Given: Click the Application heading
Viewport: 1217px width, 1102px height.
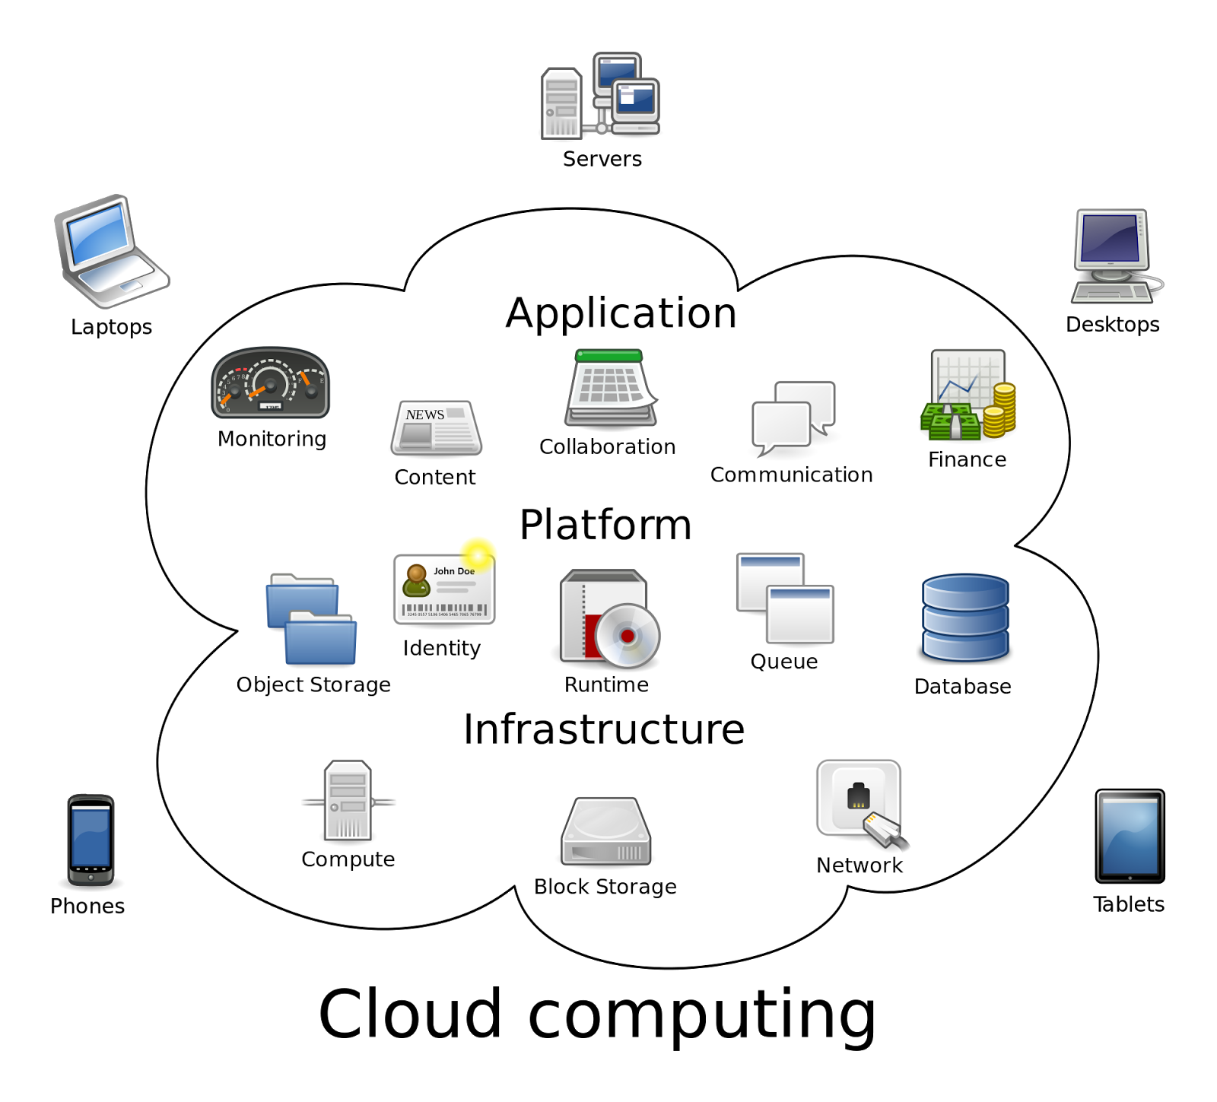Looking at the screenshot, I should pos(621,313).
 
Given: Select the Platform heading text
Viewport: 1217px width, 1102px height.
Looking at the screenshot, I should pos(605,525).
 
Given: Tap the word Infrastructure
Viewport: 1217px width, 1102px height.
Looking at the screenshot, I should pos(604,729).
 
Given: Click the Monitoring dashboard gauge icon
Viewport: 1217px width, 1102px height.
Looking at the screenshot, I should pos(270,383).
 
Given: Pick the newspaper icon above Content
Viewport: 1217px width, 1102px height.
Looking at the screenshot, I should pos(436,429).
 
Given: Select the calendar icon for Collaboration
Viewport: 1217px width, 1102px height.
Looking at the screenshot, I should pos(611,388).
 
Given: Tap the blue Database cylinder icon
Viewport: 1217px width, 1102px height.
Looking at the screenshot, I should pos(965,618).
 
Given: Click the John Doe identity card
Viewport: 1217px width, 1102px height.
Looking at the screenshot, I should pos(444,589).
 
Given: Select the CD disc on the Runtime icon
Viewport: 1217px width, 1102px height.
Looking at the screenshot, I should pos(628,635).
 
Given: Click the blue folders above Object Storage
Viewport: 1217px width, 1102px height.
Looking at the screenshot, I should pos(311,619).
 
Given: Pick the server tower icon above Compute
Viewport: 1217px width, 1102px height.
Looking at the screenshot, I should pos(348,801).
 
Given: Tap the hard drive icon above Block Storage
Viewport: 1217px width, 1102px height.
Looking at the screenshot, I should pos(606,832).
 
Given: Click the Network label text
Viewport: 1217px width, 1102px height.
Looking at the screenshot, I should pos(860,865).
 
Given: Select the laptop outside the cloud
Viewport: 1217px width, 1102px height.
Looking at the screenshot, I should pos(111,251).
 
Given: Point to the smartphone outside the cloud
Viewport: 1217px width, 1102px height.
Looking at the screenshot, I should pos(91,840).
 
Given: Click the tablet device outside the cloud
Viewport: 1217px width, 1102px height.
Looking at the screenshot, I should pos(1130,836).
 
